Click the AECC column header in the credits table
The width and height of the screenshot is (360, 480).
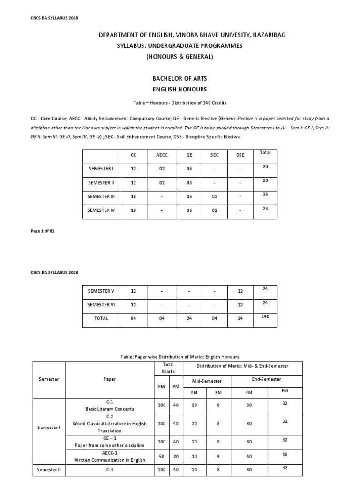coord(161,154)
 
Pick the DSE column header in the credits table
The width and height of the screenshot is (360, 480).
coord(240,154)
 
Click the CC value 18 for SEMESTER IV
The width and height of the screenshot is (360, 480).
coord(134,210)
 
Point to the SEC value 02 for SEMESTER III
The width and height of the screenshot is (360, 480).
coord(214,197)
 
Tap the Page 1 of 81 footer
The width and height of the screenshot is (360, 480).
coord(44,231)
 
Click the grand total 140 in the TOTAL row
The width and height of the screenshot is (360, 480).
coord(265,316)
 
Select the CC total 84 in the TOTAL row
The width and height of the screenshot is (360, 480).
coord(134,318)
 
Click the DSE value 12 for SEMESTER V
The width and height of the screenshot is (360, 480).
coord(240,291)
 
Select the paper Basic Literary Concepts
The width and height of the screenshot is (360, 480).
coord(110,408)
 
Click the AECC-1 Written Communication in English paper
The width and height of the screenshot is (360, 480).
coord(110,457)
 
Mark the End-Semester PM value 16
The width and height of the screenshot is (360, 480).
coord(285,455)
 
